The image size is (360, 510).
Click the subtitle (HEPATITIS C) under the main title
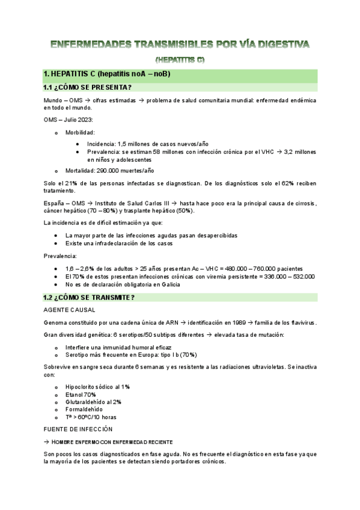(180, 60)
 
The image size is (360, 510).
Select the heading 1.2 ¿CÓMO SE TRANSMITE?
(89, 298)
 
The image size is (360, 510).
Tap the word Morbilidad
(80, 132)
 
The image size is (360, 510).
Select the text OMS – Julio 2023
(67, 120)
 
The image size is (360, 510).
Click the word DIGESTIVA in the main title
(275, 45)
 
